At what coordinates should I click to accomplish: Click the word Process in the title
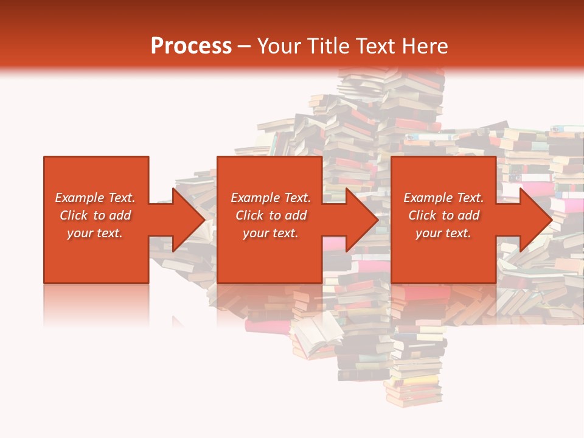coord(191,46)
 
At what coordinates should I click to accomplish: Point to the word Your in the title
coord(279,46)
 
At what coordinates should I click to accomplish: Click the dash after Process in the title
coord(244,47)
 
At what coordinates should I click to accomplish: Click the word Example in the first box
coord(79,198)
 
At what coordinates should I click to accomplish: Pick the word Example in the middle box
coord(254,198)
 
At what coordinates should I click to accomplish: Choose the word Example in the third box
coord(428,198)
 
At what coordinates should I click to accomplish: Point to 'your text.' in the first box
coord(95,233)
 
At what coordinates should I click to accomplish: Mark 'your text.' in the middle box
coord(270,233)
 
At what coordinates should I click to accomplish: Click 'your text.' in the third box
coord(443,233)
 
